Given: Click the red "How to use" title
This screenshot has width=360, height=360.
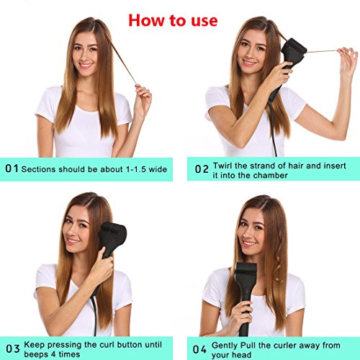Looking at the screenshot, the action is (173, 20).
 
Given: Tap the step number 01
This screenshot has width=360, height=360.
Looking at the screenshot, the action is (12, 168).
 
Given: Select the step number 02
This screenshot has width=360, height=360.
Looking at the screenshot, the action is (202, 169).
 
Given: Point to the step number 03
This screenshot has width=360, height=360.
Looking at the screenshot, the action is (13, 348).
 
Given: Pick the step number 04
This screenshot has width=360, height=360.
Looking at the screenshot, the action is (199, 349).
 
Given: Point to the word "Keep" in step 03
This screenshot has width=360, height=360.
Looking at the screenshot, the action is (34, 345).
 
